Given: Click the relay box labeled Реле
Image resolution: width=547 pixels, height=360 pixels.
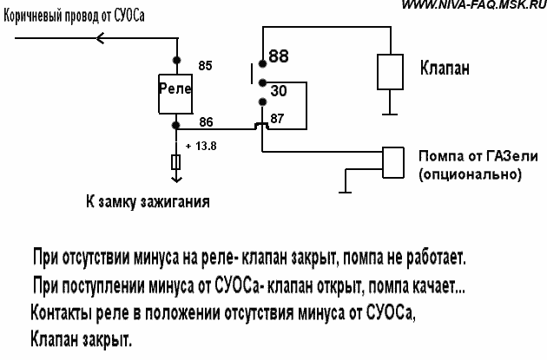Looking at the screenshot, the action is [x=175, y=94].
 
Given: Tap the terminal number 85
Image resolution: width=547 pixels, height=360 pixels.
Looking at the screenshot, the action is [x=205, y=66].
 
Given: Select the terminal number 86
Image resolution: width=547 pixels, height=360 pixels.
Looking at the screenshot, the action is [x=206, y=122].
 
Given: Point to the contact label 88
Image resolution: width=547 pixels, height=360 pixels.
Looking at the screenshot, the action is [x=279, y=56].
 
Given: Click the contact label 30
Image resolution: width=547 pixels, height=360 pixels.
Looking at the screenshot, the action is [x=279, y=90].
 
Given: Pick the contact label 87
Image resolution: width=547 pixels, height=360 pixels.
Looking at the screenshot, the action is [x=277, y=119].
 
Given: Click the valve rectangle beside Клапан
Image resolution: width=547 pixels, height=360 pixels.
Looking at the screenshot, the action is [x=390, y=72].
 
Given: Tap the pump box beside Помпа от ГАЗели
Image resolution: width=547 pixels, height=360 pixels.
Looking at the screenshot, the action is [x=393, y=162].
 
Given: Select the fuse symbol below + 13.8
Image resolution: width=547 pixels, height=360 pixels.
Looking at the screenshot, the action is [x=176, y=162].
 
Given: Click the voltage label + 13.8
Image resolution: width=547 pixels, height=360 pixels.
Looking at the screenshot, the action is [x=201, y=146].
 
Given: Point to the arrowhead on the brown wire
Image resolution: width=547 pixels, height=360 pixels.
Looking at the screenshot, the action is [x=100, y=38].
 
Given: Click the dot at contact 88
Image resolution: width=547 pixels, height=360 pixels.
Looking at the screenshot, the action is [x=262, y=64].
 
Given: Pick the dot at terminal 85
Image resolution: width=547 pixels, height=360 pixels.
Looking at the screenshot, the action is [x=177, y=61].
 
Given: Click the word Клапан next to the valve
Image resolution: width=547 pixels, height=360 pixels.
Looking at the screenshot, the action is [x=445, y=68].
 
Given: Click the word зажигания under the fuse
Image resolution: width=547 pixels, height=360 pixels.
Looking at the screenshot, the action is [x=175, y=201].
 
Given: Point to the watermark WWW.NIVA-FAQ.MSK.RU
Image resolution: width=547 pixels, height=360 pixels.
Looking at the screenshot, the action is [x=474, y=5].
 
